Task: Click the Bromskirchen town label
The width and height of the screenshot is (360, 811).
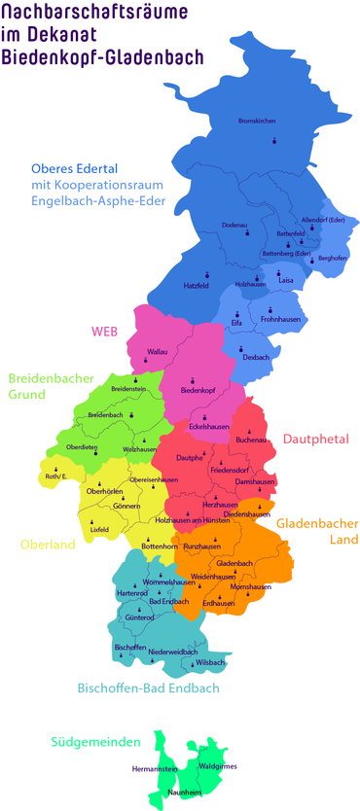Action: coord(258,121)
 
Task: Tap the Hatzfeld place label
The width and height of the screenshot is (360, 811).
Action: coord(197,286)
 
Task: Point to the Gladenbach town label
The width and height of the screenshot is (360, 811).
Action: coord(234,564)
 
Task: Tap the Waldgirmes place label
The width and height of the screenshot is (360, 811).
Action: coord(217,766)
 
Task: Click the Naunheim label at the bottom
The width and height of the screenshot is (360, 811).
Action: coord(183,793)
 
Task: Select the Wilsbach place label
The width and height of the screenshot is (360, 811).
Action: coord(210,663)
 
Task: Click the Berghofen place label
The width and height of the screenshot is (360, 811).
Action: coord(333,258)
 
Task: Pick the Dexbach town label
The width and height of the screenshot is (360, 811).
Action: coord(256,358)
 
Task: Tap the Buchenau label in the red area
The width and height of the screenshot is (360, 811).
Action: coord(250,441)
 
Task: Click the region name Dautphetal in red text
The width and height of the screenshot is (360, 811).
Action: coord(315,440)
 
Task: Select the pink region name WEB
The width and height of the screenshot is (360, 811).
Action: coord(104,331)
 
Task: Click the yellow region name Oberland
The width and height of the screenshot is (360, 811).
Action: coord(40,545)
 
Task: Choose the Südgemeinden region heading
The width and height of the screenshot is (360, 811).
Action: coord(96,742)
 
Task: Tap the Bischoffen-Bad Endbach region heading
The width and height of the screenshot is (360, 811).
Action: coord(148,688)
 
